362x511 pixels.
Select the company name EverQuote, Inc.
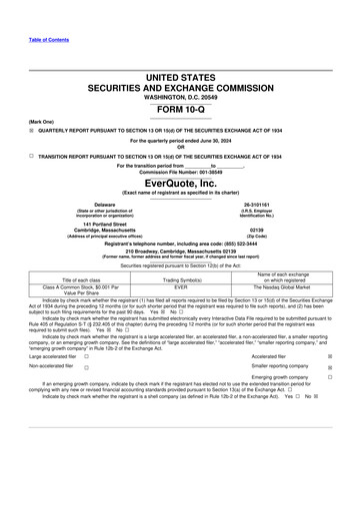pos(180,184)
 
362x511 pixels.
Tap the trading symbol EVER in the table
pos(181,286)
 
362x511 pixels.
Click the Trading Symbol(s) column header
pos(181,279)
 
